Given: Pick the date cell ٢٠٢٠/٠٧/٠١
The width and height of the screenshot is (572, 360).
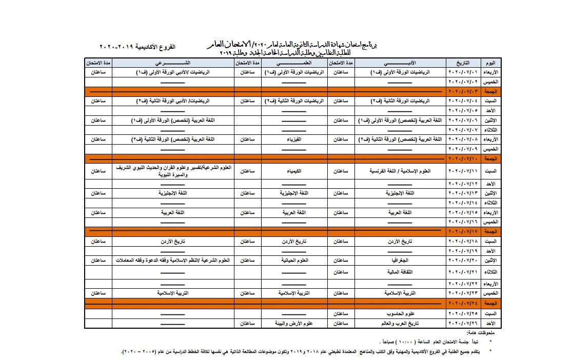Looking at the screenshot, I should pos(463,73).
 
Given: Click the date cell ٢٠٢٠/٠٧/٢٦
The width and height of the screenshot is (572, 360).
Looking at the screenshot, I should pos(463,324).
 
